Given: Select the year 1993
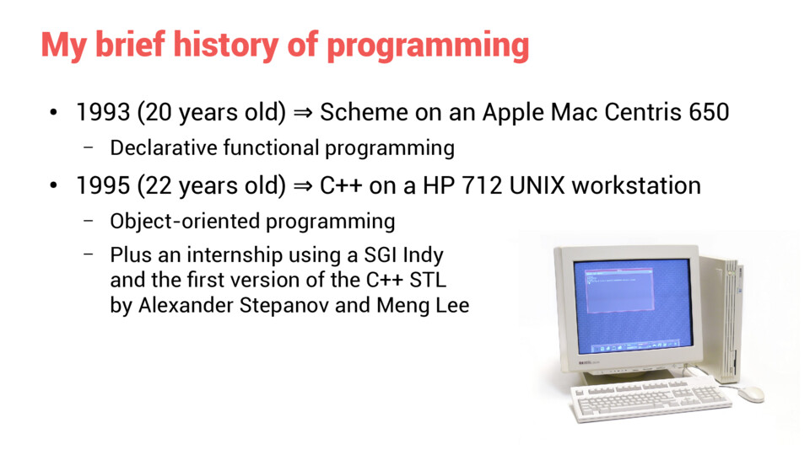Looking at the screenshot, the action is pos(103,112).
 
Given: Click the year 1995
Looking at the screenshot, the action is pos(103,185).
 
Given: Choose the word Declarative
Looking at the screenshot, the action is pos(163,148).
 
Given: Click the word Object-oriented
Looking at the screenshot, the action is pos(185,222).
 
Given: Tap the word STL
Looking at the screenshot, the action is pos(429,280).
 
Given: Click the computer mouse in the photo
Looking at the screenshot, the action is pos(751,393).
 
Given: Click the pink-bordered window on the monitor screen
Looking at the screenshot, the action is pos(618,289).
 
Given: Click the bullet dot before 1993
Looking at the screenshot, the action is pos(53,112).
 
